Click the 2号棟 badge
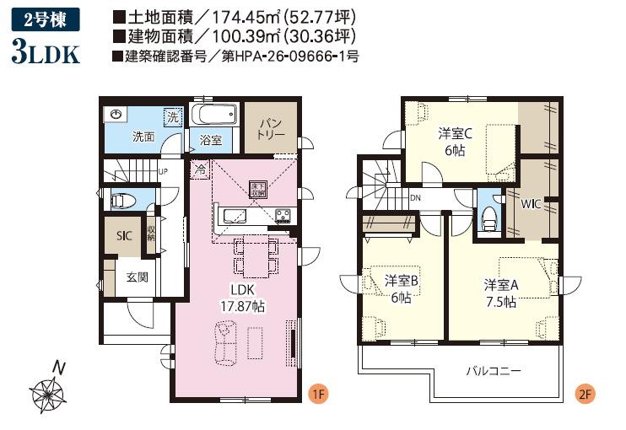[x=45, y=20]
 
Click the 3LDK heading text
[x=46, y=51]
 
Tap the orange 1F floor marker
[x=318, y=394]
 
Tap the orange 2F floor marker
[x=585, y=394]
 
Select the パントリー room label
[x=270, y=128]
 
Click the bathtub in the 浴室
[x=213, y=114]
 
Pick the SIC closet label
[x=124, y=236]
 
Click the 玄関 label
[x=138, y=277]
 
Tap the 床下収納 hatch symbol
[x=257, y=190]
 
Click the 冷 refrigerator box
[x=200, y=169]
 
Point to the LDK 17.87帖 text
[x=243, y=298]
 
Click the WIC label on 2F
[x=531, y=204]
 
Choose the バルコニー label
[x=494, y=371]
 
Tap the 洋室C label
[x=455, y=133]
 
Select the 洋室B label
[x=401, y=281]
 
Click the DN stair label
[x=415, y=197]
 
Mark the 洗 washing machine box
[x=173, y=117]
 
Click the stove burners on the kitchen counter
[x=283, y=216]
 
